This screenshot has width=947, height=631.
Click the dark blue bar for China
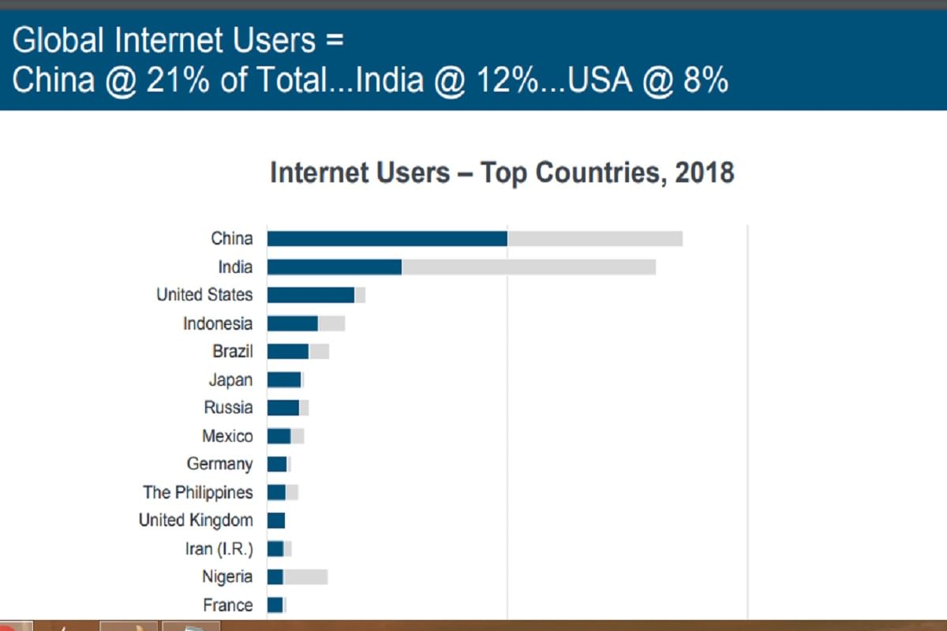387,238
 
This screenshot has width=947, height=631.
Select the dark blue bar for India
335,267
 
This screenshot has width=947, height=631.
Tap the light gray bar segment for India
529,267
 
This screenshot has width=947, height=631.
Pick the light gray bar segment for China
595,238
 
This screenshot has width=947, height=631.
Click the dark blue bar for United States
311,295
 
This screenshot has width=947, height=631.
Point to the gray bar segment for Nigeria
305,577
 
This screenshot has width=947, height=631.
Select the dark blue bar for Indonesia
293,323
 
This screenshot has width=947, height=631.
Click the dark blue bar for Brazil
288,351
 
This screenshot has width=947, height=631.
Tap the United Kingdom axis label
196,521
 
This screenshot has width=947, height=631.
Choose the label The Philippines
198,492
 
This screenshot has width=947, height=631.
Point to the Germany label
219,464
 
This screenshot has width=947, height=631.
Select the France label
228,605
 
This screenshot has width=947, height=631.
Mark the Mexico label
227,436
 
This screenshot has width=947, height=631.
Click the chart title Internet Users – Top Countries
502,172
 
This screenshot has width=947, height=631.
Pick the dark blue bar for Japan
284,379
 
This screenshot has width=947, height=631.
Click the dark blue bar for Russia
283,408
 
